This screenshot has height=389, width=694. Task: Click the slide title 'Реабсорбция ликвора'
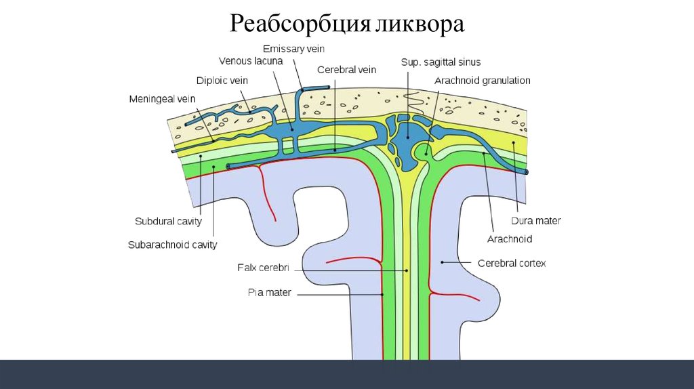click(347, 24)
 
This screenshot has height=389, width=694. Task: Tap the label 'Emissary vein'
click(293, 49)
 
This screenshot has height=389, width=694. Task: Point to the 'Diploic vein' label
click(222, 81)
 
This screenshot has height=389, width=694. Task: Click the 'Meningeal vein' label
click(162, 100)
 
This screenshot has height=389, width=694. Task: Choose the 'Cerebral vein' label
click(346, 69)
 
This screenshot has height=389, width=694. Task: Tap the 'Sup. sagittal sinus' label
click(441, 62)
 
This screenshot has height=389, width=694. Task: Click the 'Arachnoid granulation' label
click(482, 81)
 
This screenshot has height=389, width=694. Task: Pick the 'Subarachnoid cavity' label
click(172, 245)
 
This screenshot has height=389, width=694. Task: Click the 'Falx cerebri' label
click(263, 268)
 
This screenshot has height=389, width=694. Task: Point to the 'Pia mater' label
click(269, 293)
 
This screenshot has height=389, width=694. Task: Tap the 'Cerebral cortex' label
click(512, 263)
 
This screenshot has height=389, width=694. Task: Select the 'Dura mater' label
click(535, 221)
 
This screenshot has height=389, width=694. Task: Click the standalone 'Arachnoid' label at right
click(510, 239)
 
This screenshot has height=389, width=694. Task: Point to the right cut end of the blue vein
click(526, 173)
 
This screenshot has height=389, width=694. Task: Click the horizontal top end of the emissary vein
click(315, 88)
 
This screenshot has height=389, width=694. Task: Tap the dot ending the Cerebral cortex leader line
click(442, 261)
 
